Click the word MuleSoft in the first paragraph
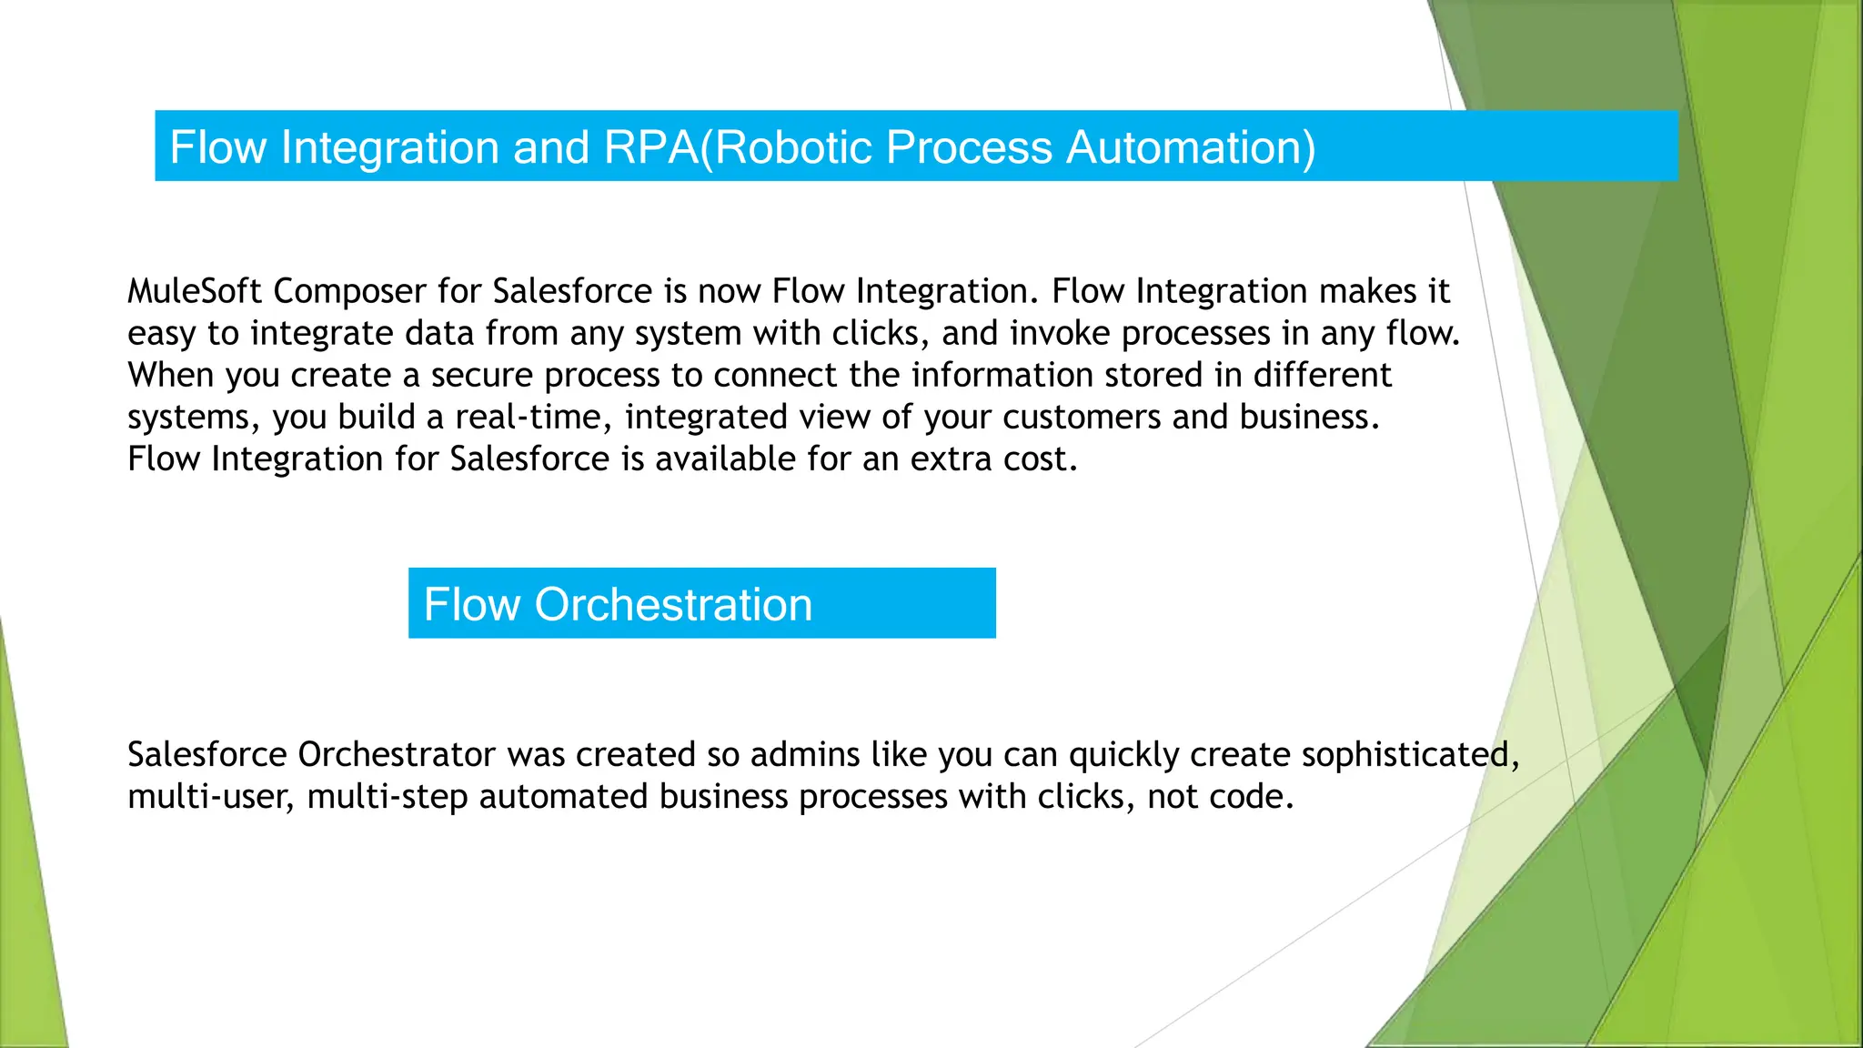pos(195,291)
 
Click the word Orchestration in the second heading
pos(673,604)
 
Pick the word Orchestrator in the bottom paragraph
pos(397,754)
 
